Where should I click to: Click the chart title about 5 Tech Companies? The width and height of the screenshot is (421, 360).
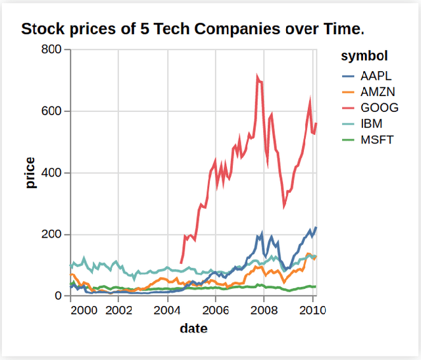(193, 29)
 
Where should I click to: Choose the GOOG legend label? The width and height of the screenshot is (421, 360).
(375, 107)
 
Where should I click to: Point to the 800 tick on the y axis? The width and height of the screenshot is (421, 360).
(53, 49)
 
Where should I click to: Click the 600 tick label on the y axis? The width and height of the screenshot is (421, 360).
(53, 111)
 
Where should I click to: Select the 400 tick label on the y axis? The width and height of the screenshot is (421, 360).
(53, 173)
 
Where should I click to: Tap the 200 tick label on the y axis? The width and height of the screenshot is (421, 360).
(53, 235)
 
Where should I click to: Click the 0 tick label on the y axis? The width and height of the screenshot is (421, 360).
(59, 296)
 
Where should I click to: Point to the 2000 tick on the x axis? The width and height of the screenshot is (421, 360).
(86, 309)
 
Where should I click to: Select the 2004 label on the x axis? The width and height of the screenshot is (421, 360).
(167, 309)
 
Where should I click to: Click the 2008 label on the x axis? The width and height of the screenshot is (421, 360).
(264, 309)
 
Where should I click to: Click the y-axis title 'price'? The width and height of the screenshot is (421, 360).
(30, 173)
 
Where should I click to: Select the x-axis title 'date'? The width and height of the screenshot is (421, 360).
(193, 328)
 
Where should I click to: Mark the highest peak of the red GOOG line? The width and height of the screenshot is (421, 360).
(257, 77)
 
